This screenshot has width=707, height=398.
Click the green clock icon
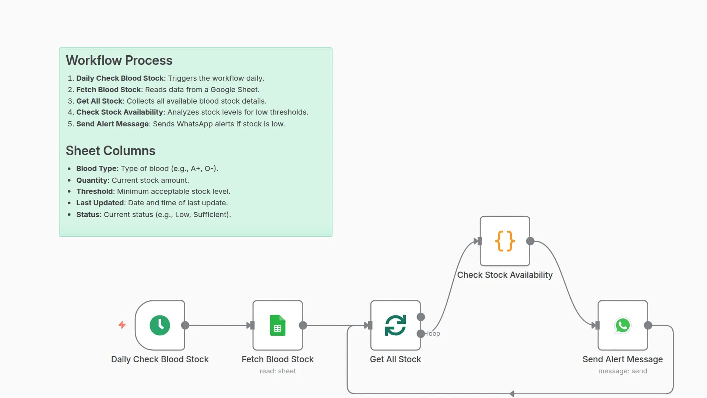coord(160,325)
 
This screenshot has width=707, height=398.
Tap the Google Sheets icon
coord(278,325)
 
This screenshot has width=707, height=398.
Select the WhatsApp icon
coord(622,325)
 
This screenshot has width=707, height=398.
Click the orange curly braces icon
coord(505,241)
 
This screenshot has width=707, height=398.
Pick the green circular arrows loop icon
coord(395,325)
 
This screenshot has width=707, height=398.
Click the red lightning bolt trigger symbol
coord(122,325)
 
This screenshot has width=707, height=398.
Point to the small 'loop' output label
coord(433,334)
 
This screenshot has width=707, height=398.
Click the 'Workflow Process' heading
coord(119,60)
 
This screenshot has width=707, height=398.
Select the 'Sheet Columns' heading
coord(110,151)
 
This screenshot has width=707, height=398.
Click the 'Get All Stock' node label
coord(395,359)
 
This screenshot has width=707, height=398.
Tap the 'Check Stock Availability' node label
coord(505,275)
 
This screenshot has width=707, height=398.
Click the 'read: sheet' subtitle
coord(278,371)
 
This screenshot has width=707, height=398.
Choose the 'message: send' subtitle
coord(622,371)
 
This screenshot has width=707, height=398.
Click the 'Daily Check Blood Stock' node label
coord(160,359)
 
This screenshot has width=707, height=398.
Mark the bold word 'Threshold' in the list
coord(95,191)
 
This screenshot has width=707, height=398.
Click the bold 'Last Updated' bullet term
coord(100,203)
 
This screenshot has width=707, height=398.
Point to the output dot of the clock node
coord(185,325)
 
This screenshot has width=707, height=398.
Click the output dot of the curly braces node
coord(530,241)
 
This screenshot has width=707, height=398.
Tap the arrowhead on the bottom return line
coord(512,394)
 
